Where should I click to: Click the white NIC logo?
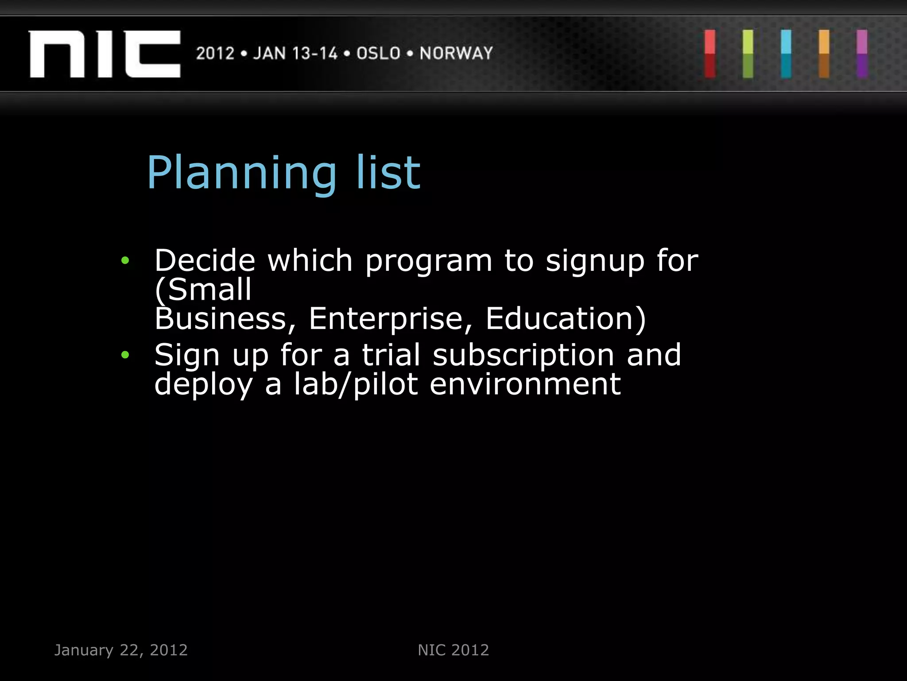(105, 54)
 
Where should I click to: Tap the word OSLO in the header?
(378, 53)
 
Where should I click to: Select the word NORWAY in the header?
(456, 53)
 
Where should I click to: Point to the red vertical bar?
(710, 54)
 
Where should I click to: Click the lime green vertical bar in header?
(748, 54)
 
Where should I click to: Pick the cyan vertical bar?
(786, 54)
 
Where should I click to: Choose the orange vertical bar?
(824, 54)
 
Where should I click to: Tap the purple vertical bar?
(862, 54)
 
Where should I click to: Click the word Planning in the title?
(242, 174)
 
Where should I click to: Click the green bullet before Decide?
(125, 260)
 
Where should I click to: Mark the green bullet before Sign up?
(125, 355)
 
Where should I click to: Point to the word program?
(428, 262)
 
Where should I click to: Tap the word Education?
(565, 319)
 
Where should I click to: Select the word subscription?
(523, 355)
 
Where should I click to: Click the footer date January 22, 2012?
(121, 650)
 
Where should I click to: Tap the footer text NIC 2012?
(453, 650)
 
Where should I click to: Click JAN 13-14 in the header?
(295, 53)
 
